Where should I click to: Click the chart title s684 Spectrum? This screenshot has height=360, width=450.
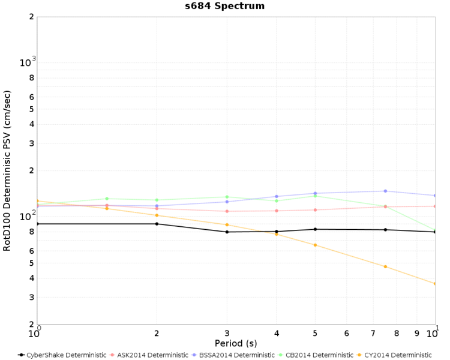(225, 6)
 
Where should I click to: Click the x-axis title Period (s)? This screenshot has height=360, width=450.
(236, 343)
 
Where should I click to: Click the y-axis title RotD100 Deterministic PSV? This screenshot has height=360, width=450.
(7, 171)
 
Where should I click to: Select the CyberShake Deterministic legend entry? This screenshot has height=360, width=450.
(62, 355)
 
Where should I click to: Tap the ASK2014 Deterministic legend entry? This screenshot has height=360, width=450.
(149, 355)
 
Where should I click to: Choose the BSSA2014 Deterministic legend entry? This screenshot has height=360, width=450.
(233, 355)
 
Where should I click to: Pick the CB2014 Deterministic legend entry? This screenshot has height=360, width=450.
(316, 355)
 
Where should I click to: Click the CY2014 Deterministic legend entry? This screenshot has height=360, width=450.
(394, 355)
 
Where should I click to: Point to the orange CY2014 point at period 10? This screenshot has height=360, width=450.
(435, 284)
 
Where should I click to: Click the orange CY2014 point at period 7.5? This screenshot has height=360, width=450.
(385, 266)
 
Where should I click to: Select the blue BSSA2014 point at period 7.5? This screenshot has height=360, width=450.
(385, 191)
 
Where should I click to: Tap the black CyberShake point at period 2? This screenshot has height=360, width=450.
(157, 224)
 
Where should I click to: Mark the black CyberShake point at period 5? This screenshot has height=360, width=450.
(315, 229)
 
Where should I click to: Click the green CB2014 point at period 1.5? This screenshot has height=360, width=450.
(107, 199)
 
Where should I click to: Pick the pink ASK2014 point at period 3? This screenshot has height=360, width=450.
(227, 211)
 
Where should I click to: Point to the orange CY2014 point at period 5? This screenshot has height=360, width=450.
(315, 245)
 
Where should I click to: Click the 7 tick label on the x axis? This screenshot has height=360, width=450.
(373, 334)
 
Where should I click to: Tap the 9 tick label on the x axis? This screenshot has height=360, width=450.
(417, 334)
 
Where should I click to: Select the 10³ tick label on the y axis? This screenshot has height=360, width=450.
(28, 61)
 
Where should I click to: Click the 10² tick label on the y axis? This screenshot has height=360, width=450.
(28, 215)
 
